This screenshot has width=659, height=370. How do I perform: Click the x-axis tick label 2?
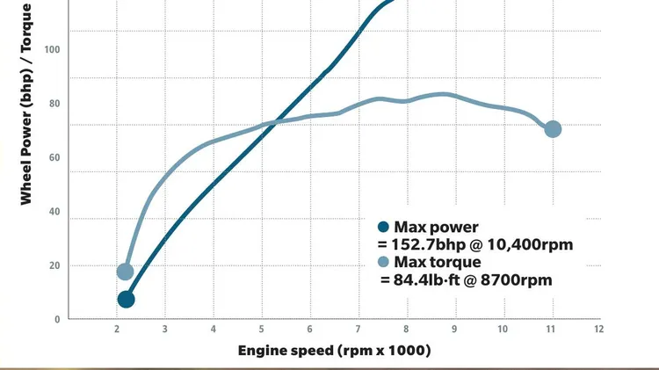117,329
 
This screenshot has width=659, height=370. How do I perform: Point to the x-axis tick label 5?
261,329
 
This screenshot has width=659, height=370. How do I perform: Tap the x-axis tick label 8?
406,329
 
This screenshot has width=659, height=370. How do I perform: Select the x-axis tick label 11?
551,329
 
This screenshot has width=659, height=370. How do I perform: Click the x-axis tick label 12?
598,329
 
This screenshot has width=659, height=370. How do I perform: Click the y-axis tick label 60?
55,157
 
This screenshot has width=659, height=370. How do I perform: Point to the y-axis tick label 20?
55,265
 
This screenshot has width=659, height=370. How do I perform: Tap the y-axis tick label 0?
58,320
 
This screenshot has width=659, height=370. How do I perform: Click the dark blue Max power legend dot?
383,227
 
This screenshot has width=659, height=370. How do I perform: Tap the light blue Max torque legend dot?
383,262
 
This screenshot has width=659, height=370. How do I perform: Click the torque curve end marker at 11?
553,129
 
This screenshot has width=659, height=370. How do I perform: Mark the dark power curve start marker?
126,300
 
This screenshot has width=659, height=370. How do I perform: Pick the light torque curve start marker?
125,272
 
